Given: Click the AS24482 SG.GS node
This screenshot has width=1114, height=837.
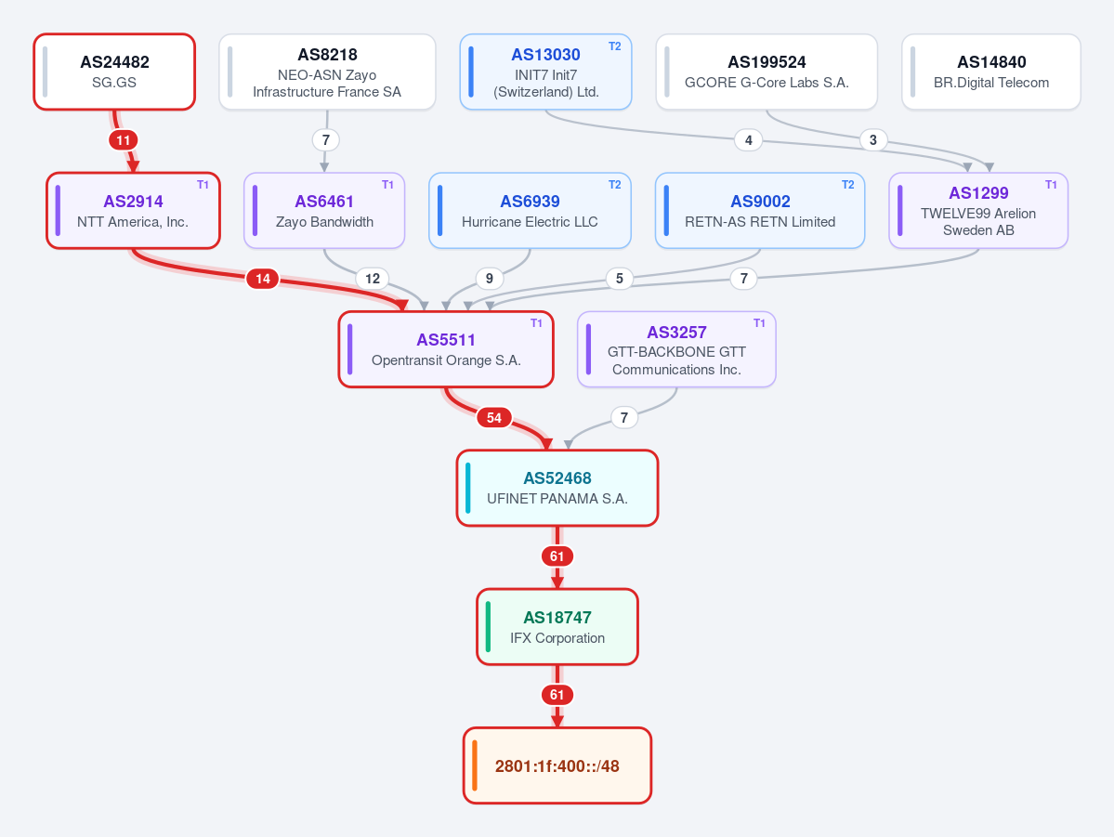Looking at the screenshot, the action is [x=114, y=72].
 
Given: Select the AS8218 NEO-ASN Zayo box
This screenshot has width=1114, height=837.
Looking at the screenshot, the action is [x=328, y=72].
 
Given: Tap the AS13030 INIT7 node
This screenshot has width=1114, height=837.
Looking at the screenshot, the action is [x=545, y=72].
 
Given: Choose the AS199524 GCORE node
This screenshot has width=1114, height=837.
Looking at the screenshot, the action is [x=767, y=72].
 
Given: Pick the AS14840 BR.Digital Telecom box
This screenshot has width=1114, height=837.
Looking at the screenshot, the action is [x=991, y=72].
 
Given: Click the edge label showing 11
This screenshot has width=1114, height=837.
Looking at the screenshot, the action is [x=124, y=140].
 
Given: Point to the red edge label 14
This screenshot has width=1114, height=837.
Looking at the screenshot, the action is [x=263, y=279].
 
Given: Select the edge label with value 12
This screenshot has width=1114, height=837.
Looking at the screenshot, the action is [x=373, y=279].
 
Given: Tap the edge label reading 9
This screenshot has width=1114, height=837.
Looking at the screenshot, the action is [x=489, y=279].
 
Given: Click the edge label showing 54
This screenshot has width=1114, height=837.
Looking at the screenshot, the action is [x=493, y=418].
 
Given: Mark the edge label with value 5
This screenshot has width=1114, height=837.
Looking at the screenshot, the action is [x=620, y=279].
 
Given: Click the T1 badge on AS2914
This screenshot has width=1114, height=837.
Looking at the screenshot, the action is [x=203, y=185].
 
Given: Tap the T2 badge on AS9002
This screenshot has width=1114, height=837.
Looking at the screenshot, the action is [x=847, y=185].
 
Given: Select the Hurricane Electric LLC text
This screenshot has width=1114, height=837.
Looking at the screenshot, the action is [x=530, y=222].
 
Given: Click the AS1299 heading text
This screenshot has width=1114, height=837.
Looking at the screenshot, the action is [x=978, y=192].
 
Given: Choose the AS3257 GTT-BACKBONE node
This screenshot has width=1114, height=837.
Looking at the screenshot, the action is [x=676, y=349].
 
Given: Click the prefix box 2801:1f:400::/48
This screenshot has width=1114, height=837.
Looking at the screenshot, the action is [x=557, y=765].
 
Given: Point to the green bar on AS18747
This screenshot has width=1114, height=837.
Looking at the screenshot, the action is [x=488, y=627].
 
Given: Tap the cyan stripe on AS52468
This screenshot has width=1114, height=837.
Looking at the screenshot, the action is [x=468, y=488].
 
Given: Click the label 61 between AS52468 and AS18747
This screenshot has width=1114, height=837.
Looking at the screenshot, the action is [x=557, y=556].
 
